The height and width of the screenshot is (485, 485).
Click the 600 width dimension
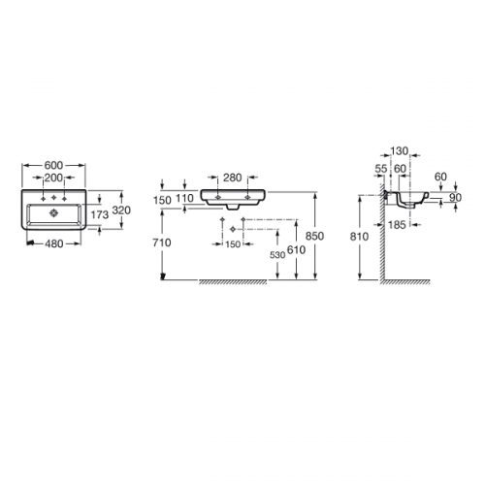tap(53, 165)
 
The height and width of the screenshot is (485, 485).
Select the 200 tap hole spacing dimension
tap(53, 178)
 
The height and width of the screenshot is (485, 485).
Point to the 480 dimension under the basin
tap(53, 243)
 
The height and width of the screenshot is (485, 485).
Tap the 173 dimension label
tap(100, 214)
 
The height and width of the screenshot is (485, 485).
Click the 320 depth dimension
tap(121, 210)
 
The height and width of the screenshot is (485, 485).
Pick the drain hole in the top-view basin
tap(53, 212)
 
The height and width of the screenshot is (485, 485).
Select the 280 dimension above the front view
tap(233, 178)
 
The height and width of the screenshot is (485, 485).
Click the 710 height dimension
tap(162, 242)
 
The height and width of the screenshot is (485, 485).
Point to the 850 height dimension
tap(314, 236)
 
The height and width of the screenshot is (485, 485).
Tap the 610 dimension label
tap(296, 249)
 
